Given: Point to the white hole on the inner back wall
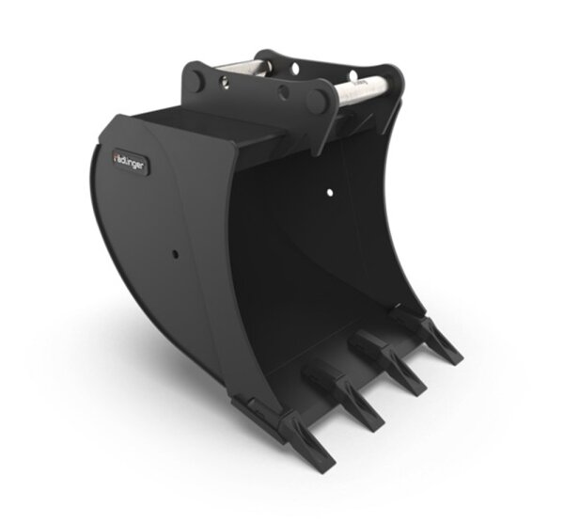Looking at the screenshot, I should click(x=329, y=192).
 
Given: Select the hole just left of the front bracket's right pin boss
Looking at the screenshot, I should click(x=282, y=91).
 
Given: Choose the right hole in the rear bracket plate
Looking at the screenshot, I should click(x=352, y=75).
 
